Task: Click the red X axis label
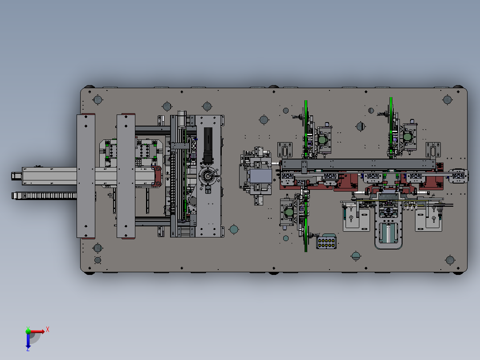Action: click(x=48, y=330)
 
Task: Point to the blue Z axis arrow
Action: click(x=28, y=341)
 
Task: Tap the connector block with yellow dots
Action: click(x=326, y=242)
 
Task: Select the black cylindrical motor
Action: click(x=208, y=146)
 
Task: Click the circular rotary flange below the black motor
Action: click(x=208, y=176)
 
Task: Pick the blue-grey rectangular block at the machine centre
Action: click(x=261, y=177)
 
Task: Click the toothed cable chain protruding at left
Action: click(x=45, y=196)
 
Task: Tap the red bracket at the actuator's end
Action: click(x=157, y=176)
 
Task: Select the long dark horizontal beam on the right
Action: click(x=358, y=164)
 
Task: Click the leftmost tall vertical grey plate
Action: click(x=85, y=176)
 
